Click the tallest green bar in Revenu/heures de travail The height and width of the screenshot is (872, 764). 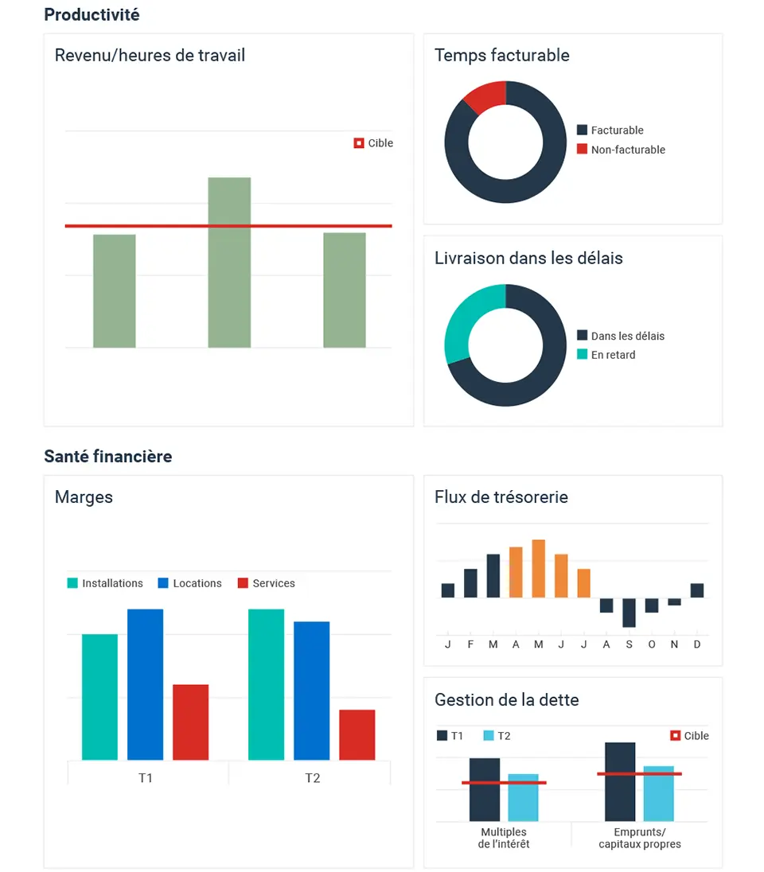[229, 263]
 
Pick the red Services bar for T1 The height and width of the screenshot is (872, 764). [190, 722]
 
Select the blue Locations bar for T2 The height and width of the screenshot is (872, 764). [311, 690]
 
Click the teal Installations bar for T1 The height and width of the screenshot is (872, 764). [99, 696]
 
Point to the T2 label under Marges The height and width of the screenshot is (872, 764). [312, 778]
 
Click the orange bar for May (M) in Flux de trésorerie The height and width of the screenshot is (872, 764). [538, 568]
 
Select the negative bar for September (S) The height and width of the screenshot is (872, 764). [629, 612]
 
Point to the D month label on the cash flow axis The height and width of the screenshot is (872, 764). [697, 644]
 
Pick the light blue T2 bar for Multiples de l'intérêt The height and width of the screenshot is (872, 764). [523, 797]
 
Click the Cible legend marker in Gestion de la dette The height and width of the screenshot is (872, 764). [676, 736]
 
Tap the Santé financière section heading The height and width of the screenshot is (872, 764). [108, 457]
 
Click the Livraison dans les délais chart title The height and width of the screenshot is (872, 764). [528, 259]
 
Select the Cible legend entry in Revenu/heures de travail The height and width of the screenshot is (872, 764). [373, 143]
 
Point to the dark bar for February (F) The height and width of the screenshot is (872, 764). [470, 582]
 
